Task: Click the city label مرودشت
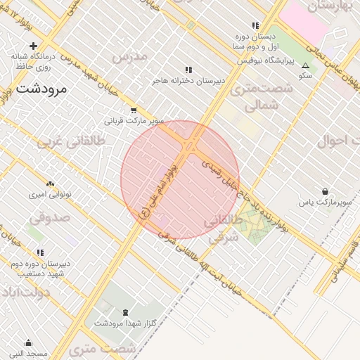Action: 40,89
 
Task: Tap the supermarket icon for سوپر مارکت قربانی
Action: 134,110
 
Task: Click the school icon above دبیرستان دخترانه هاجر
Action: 188,70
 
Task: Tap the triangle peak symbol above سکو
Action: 305,65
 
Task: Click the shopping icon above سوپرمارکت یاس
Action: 325,191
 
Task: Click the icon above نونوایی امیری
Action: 49,183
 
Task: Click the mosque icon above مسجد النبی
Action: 28,343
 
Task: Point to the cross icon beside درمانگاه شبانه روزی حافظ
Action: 33,46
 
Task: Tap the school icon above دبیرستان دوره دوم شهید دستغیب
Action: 40,252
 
